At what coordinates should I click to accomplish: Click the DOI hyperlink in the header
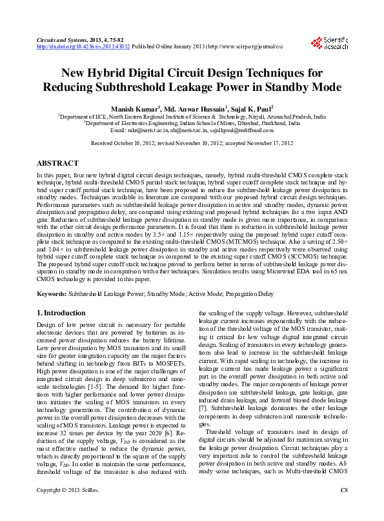[x=83, y=47]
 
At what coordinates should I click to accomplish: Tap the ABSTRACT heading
[x=58, y=164]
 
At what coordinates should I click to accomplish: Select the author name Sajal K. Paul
[x=252, y=108]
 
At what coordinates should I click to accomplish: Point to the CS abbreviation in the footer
[x=343, y=509]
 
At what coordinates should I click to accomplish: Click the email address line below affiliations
[x=192, y=130]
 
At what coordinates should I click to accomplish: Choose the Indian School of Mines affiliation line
[x=192, y=123]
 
